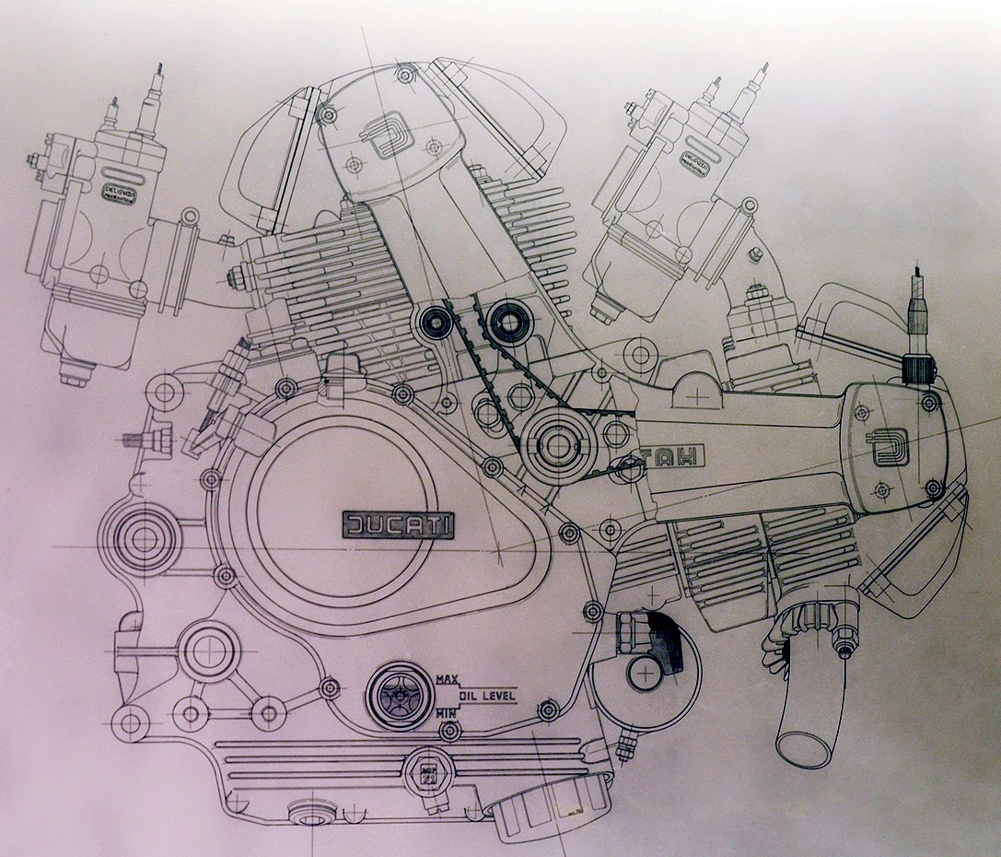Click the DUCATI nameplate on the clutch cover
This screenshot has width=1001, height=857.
click(x=399, y=525)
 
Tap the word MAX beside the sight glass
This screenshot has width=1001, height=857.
click(x=448, y=679)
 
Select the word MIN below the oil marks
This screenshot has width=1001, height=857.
click(x=447, y=712)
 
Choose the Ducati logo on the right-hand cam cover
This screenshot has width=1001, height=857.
click(x=890, y=449)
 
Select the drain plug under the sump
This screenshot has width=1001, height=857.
click(x=312, y=814)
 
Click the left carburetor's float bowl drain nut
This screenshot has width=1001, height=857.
click(x=75, y=373)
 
